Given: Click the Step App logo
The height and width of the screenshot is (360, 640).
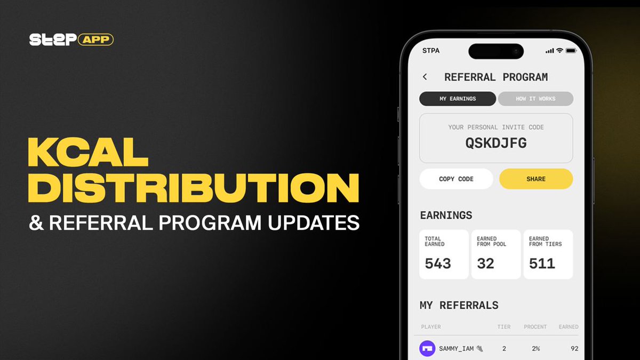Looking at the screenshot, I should [71, 39].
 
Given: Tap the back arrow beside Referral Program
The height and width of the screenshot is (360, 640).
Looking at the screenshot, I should [425, 77].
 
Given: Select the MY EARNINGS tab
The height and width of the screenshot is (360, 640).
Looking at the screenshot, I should [458, 99].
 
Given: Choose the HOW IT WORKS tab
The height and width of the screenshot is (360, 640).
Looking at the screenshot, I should [535, 99].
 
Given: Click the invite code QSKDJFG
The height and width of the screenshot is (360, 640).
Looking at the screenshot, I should [496, 143].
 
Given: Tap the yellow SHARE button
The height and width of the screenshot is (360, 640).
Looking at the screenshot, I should [536, 179].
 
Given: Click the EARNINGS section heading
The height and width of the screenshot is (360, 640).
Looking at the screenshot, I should [446, 215].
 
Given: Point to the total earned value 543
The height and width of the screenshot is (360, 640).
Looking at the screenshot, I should [438, 263].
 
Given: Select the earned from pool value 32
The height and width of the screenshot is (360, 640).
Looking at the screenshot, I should [485, 263].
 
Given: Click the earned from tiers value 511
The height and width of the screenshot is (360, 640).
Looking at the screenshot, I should [542, 263].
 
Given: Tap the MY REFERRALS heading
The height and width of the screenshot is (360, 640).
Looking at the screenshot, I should [459, 306].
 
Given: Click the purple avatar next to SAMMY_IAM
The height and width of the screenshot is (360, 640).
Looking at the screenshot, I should [427, 349].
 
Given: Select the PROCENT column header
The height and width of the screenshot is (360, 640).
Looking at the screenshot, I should [535, 327].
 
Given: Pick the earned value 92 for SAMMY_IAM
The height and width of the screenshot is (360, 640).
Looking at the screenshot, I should [574, 349].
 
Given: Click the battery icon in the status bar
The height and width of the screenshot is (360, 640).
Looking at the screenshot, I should [571, 51].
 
